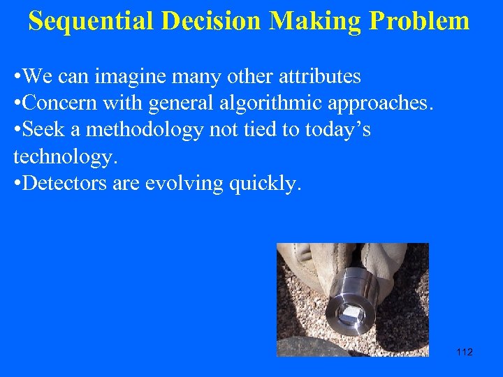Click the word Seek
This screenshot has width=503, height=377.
[x=41, y=131]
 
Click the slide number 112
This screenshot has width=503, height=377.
[x=464, y=352]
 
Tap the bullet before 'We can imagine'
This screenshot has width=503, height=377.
[x=17, y=76]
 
